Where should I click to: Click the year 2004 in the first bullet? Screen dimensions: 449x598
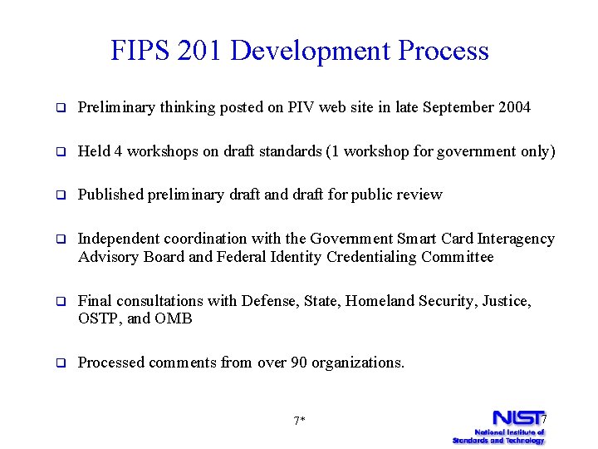pyautogui.click(x=512, y=107)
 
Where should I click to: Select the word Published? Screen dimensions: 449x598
pyautogui.click(x=110, y=195)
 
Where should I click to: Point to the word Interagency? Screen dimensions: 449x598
pyautogui.click(x=515, y=239)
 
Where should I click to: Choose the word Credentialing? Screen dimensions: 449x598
pyautogui.click(x=369, y=257)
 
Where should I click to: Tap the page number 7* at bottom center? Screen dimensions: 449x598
pyautogui.click(x=300, y=421)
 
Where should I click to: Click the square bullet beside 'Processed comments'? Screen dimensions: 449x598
pyautogui.click(x=61, y=363)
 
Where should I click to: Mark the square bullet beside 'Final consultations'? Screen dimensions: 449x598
pyautogui.click(x=61, y=301)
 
